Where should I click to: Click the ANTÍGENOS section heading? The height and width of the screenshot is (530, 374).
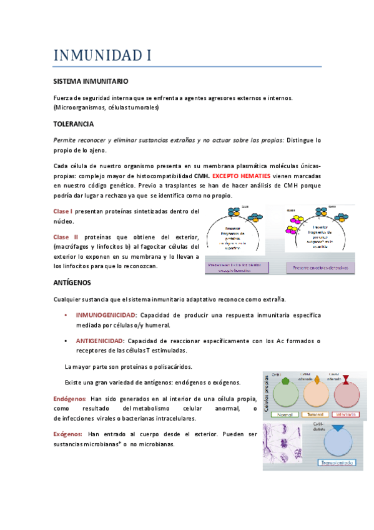(72, 282)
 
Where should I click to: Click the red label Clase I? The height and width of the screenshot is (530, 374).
(63, 211)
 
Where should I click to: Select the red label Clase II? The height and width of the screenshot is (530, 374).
(66, 237)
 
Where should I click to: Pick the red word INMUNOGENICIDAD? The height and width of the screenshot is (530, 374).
(106, 315)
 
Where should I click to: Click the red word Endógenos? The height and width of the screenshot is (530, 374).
(70, 398)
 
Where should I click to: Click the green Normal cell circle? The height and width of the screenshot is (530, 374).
(286, 394)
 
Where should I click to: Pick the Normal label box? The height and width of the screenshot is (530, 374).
(286, 414)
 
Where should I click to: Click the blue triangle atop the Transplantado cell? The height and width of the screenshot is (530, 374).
(338, 429)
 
